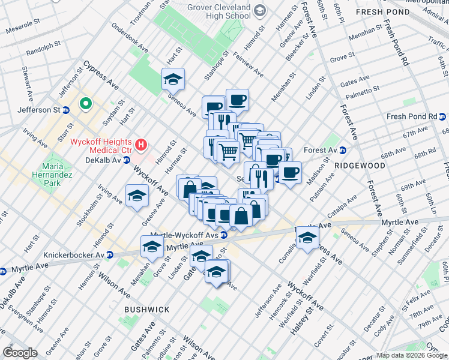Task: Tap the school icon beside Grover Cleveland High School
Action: pyautogui.click(x=260, y=10)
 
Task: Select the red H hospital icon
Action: pyautogui.click(x=141, y=145)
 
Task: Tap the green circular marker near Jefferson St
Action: pyautogui.click(x=85, y=104)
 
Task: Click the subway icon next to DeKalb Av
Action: pyautogui.click(x=127, y=160)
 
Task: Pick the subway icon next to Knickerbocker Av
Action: pyautogui.click(x=110, y=254)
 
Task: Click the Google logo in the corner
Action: pyautogui.click(x=20, y=353)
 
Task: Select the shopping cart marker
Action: pyautogui.click(x=228, y=152)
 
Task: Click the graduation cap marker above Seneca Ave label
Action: pyautogui.click(x=173, y=79)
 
